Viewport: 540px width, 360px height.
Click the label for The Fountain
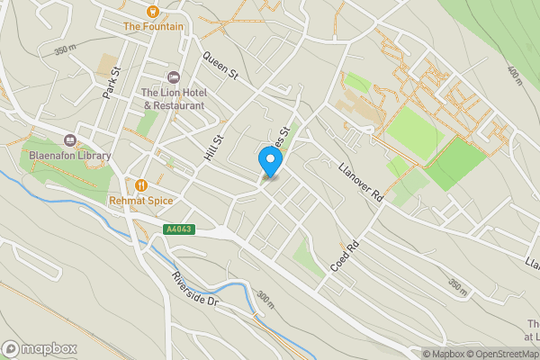coord(153,27)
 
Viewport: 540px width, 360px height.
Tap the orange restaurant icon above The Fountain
coord(153,11)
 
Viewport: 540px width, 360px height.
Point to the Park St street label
coord(112,82)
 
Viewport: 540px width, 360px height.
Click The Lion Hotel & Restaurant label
coord(173,99)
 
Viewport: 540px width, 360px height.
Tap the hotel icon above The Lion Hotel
coord(174,77)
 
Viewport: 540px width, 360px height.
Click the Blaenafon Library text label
coord(69,156)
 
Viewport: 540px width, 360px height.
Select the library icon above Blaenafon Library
coord(69,139)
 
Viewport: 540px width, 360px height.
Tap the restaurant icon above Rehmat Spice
coord(140,184)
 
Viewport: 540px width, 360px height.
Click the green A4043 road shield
coord(178,229)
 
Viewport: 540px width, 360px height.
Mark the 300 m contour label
coord(264,300)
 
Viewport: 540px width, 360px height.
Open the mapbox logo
coord(40,348)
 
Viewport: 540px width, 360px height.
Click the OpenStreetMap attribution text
coord(500,354)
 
